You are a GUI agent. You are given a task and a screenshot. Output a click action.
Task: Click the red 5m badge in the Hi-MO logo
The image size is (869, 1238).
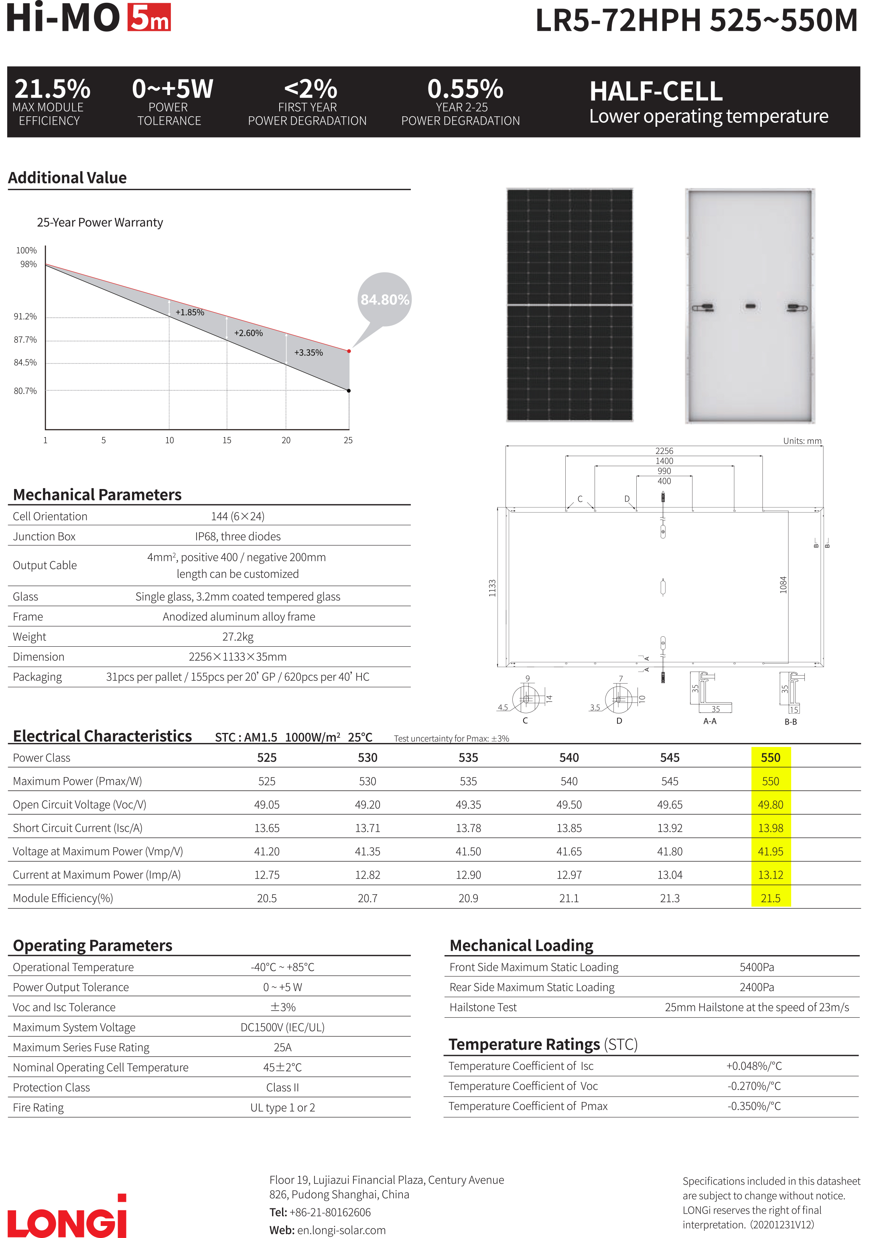pos(149,17)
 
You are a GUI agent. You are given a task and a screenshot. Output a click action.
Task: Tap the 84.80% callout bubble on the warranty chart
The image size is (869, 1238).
pos(384,299)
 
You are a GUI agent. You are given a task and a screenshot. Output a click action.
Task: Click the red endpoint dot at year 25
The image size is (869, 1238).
pos(349,351)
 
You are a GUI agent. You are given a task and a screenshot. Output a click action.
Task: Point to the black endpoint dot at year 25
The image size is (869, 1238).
pos(349,390)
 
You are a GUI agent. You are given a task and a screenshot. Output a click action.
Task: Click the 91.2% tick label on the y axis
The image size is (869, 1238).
pos(25,317)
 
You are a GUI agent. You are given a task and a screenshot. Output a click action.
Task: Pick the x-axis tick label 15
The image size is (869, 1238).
pos(227,440)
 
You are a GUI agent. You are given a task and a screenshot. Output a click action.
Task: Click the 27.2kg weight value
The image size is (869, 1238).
pos(238,637)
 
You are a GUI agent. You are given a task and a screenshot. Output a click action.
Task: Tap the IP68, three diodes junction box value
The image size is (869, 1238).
pos(238,536)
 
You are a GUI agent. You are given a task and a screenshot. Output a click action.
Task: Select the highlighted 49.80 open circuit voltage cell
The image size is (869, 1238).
pos(770,804)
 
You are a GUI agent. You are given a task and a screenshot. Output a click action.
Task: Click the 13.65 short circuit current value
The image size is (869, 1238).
pos(267,828)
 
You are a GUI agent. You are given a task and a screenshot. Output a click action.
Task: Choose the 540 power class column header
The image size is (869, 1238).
pos(569,757)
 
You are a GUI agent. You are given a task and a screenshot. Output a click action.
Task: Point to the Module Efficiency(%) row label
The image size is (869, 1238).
pos(63,898)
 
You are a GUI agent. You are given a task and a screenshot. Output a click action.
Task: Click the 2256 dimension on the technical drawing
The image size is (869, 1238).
pos(664,451)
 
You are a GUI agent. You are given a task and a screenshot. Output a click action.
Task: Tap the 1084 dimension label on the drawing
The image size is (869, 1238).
pos(783,584)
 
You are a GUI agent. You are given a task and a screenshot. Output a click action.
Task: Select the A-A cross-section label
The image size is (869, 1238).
pos(710,721)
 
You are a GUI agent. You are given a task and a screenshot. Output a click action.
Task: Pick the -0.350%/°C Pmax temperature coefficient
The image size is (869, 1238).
pos(753,1106)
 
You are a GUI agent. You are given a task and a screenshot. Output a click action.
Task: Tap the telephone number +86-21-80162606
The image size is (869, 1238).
pos(330,1212)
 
